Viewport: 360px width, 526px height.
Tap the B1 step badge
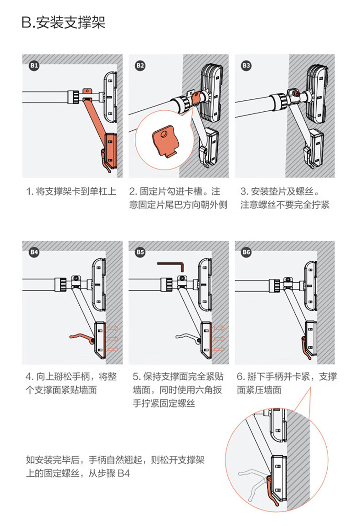(x=34, y=66)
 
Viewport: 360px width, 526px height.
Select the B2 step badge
(x=140, y=66)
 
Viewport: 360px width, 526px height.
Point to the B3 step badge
(x=246, y=66)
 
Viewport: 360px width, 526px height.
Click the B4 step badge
(x=34, y=252)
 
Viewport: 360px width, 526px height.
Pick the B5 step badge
(x=140, y=252)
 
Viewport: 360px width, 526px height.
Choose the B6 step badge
(x=246, y=252)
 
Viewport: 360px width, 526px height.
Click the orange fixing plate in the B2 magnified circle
(x=163, y=142)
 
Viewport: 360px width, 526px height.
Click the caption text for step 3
(x=285, y=197)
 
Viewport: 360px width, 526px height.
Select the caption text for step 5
(x=178, y=390)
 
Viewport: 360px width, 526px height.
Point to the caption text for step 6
(x=287, y=383)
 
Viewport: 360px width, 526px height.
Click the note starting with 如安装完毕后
(x=115, y=467)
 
